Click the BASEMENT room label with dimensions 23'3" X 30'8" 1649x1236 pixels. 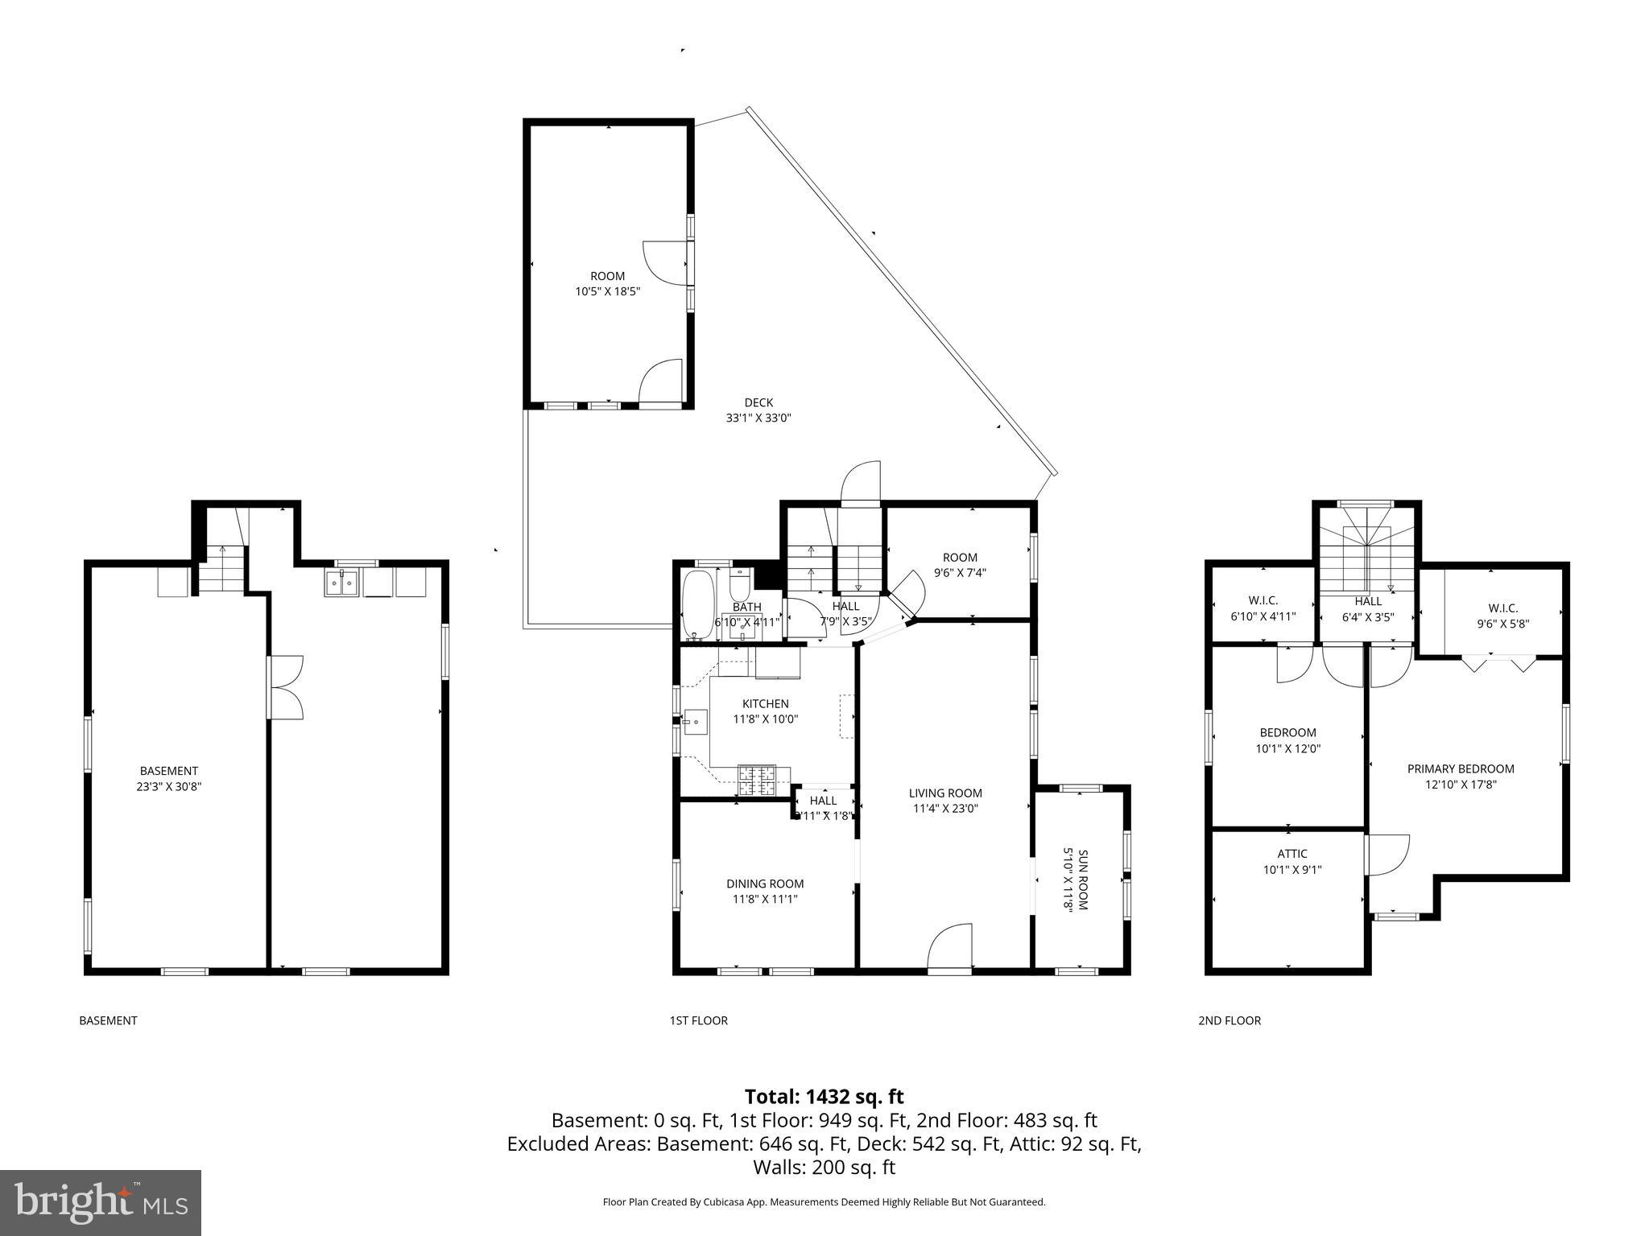tap(168, 779)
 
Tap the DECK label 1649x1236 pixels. tap(758, 403)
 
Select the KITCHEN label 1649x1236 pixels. tap(765, 704)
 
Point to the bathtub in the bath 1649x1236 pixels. tap(695, 604)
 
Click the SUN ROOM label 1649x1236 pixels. tap(1077, 880)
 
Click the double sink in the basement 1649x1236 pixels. tap(342, 583)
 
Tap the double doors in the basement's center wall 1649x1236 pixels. tap(286, 687)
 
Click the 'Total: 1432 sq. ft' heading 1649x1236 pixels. tap(824, 1097)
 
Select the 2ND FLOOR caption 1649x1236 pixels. tap(1230, 1020)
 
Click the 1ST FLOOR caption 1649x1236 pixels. tap(698, 1020)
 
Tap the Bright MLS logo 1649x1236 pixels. tap(101, 1202)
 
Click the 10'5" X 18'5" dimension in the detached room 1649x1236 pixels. tap(607, 292)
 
